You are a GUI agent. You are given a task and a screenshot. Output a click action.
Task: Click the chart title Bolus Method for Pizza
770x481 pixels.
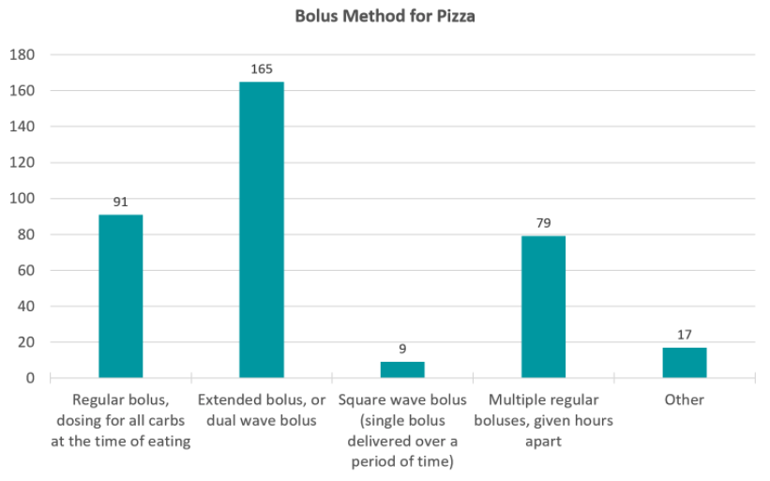point(385,17)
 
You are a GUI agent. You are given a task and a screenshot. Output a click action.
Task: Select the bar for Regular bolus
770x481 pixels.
point(121,296)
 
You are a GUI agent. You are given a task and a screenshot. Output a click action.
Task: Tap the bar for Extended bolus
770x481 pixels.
point(262,230)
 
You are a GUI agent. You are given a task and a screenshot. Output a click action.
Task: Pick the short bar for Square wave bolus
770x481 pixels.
point(402,369)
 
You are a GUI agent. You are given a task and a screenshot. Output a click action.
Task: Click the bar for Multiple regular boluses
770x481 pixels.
point(543,307)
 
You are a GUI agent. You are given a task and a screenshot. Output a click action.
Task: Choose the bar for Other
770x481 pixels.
point(684,363)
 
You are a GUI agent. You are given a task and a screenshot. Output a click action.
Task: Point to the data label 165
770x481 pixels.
point(262,70)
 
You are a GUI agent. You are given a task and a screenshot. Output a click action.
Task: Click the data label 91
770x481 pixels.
point(121,203)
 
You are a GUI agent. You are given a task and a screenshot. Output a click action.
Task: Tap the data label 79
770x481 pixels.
point(543,223)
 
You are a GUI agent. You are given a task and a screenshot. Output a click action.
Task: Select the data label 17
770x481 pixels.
point(684,335)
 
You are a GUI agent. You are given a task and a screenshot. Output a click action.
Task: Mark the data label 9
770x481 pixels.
point(402,349)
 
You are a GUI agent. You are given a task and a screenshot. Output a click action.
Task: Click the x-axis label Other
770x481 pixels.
point(684,399)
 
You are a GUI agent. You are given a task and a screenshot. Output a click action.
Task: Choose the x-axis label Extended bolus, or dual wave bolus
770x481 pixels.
point(262,409)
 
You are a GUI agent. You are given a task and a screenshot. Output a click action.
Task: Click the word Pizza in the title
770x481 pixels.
point(455,17)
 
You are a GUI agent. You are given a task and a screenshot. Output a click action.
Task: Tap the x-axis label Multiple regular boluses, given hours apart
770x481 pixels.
point(543,419)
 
